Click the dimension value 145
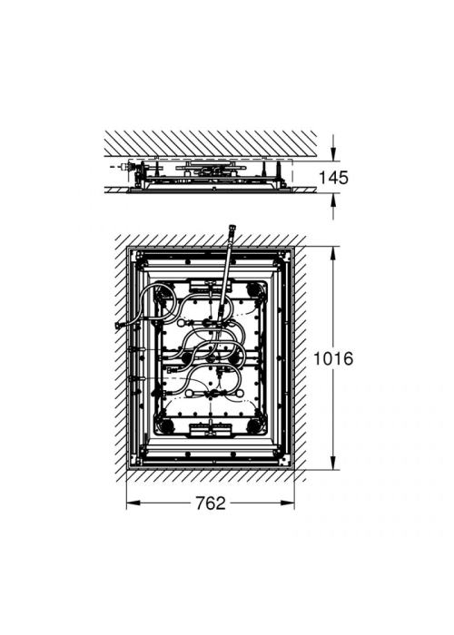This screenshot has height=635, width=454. click(x=333, y=178)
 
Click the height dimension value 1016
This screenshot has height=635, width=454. click(x=333, y=358)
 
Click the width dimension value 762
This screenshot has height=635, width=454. click(x=211, y=503)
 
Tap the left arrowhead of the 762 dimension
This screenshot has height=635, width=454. click(x=133, y=503)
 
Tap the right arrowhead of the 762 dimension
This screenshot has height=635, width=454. click(x=288, y=503)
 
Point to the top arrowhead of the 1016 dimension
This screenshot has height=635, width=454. click(x=333, y=253)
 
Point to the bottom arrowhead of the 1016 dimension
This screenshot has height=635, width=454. click(x=333, y=463)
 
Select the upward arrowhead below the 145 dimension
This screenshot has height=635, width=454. click(x=333, y=200)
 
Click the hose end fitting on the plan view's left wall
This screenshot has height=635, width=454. click(x=119, y=324)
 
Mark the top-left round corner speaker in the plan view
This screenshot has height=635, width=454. click(x=164, y=291)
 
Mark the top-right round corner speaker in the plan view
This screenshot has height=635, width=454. click(x=254, y=290)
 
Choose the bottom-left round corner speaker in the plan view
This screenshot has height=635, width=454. click(x=164, y=425)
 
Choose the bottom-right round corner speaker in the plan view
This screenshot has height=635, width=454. click(x=254, y=425)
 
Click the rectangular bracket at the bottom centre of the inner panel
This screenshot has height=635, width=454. click(x=211, y=430)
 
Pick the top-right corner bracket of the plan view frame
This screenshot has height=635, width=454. click(x=287, y=255)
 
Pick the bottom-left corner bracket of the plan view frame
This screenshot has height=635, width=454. click(x=134, y=462)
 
